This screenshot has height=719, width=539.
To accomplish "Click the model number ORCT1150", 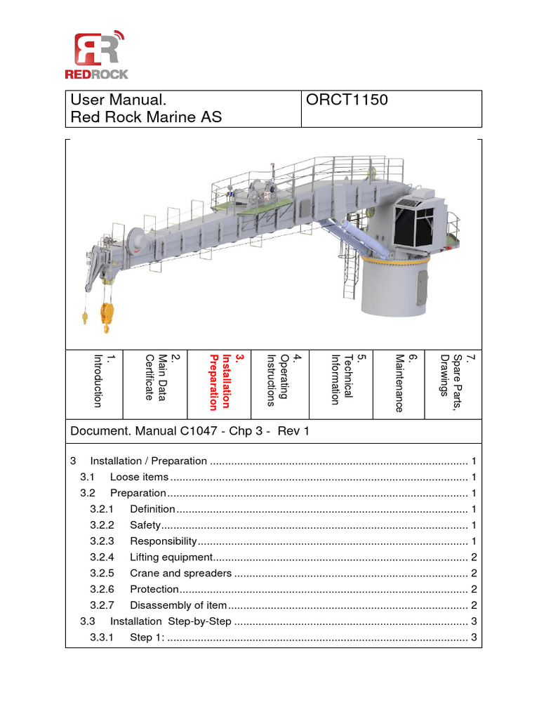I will coord(347,100).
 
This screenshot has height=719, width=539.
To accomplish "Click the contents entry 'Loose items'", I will coord(139,477).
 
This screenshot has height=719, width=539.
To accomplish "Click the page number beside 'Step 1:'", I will coord(474,638).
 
